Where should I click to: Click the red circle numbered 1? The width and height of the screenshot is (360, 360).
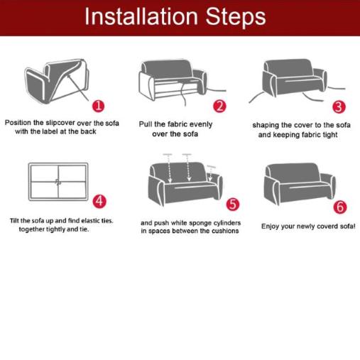click(98, 106)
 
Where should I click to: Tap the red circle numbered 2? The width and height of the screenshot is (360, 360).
click(219, 107)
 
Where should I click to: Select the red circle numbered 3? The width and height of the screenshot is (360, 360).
click(339, 107)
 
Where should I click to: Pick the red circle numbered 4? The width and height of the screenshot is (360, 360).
click(99, 202)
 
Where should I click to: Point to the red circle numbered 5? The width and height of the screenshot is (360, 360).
click(233, 204)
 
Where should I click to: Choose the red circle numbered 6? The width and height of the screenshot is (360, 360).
click(340, 207)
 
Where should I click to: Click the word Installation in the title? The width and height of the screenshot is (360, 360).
click(141, 16)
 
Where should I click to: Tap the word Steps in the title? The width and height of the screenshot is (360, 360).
click(236, 16)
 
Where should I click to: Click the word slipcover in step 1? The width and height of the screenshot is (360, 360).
click(60, 123)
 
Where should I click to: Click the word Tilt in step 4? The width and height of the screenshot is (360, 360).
click(14, 221)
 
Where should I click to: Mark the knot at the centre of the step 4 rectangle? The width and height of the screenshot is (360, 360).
click(58, 182)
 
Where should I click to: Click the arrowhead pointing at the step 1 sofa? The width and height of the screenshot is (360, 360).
click(70, 76)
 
